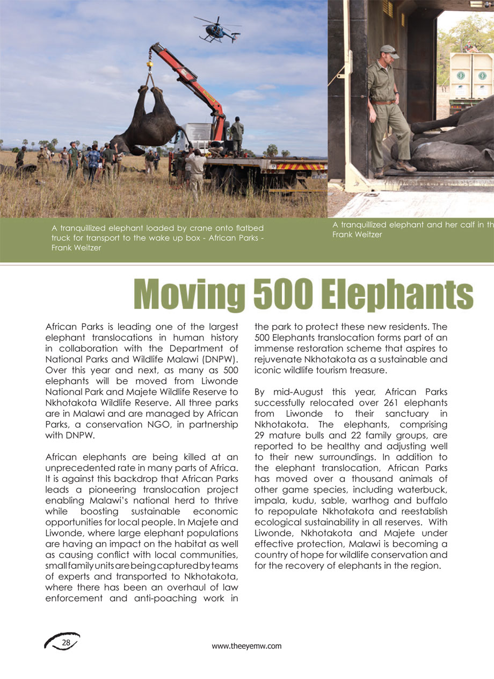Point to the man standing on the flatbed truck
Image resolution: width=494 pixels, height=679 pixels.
tap(236, 134)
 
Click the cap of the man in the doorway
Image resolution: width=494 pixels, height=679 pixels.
tap(389, 49)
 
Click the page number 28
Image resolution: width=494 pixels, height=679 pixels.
tap(67, 642)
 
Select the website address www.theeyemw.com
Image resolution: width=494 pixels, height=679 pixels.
tap(246, 646)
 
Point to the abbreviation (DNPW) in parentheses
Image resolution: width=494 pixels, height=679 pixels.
tap(220, 359)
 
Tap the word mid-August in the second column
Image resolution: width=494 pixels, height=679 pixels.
tap(295, 392)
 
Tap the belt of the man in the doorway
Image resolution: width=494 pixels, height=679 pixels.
tap(384, 102)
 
